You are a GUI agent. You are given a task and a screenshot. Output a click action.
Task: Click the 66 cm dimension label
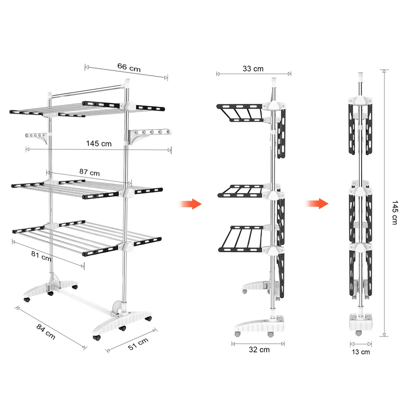129,67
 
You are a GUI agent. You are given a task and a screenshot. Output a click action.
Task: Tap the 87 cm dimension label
89,172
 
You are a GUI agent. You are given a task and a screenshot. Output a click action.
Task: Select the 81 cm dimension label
41,255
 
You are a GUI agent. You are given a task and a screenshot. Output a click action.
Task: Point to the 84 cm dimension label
46,331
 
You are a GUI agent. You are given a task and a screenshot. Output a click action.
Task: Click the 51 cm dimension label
138,344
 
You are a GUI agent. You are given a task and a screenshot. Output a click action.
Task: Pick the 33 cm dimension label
253,69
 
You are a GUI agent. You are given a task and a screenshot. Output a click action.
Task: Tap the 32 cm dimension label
259,349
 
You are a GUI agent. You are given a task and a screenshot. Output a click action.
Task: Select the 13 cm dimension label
361,352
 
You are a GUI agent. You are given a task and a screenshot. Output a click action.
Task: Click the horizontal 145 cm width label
99,143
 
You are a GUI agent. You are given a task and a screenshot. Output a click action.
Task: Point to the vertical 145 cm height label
395,213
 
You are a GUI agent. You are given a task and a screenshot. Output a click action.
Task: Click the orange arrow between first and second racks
191,204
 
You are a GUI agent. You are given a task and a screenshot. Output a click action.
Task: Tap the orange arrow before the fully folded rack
317,203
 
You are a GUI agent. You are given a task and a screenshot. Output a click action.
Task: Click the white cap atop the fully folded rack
361,77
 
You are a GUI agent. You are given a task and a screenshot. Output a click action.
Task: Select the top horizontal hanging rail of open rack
87,91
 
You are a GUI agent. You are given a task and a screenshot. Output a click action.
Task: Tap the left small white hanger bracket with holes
36,137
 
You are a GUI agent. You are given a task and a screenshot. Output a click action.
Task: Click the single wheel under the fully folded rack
359,333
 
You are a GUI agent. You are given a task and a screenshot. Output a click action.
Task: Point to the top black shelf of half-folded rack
239,113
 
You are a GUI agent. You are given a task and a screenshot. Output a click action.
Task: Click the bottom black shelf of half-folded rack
240,239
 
